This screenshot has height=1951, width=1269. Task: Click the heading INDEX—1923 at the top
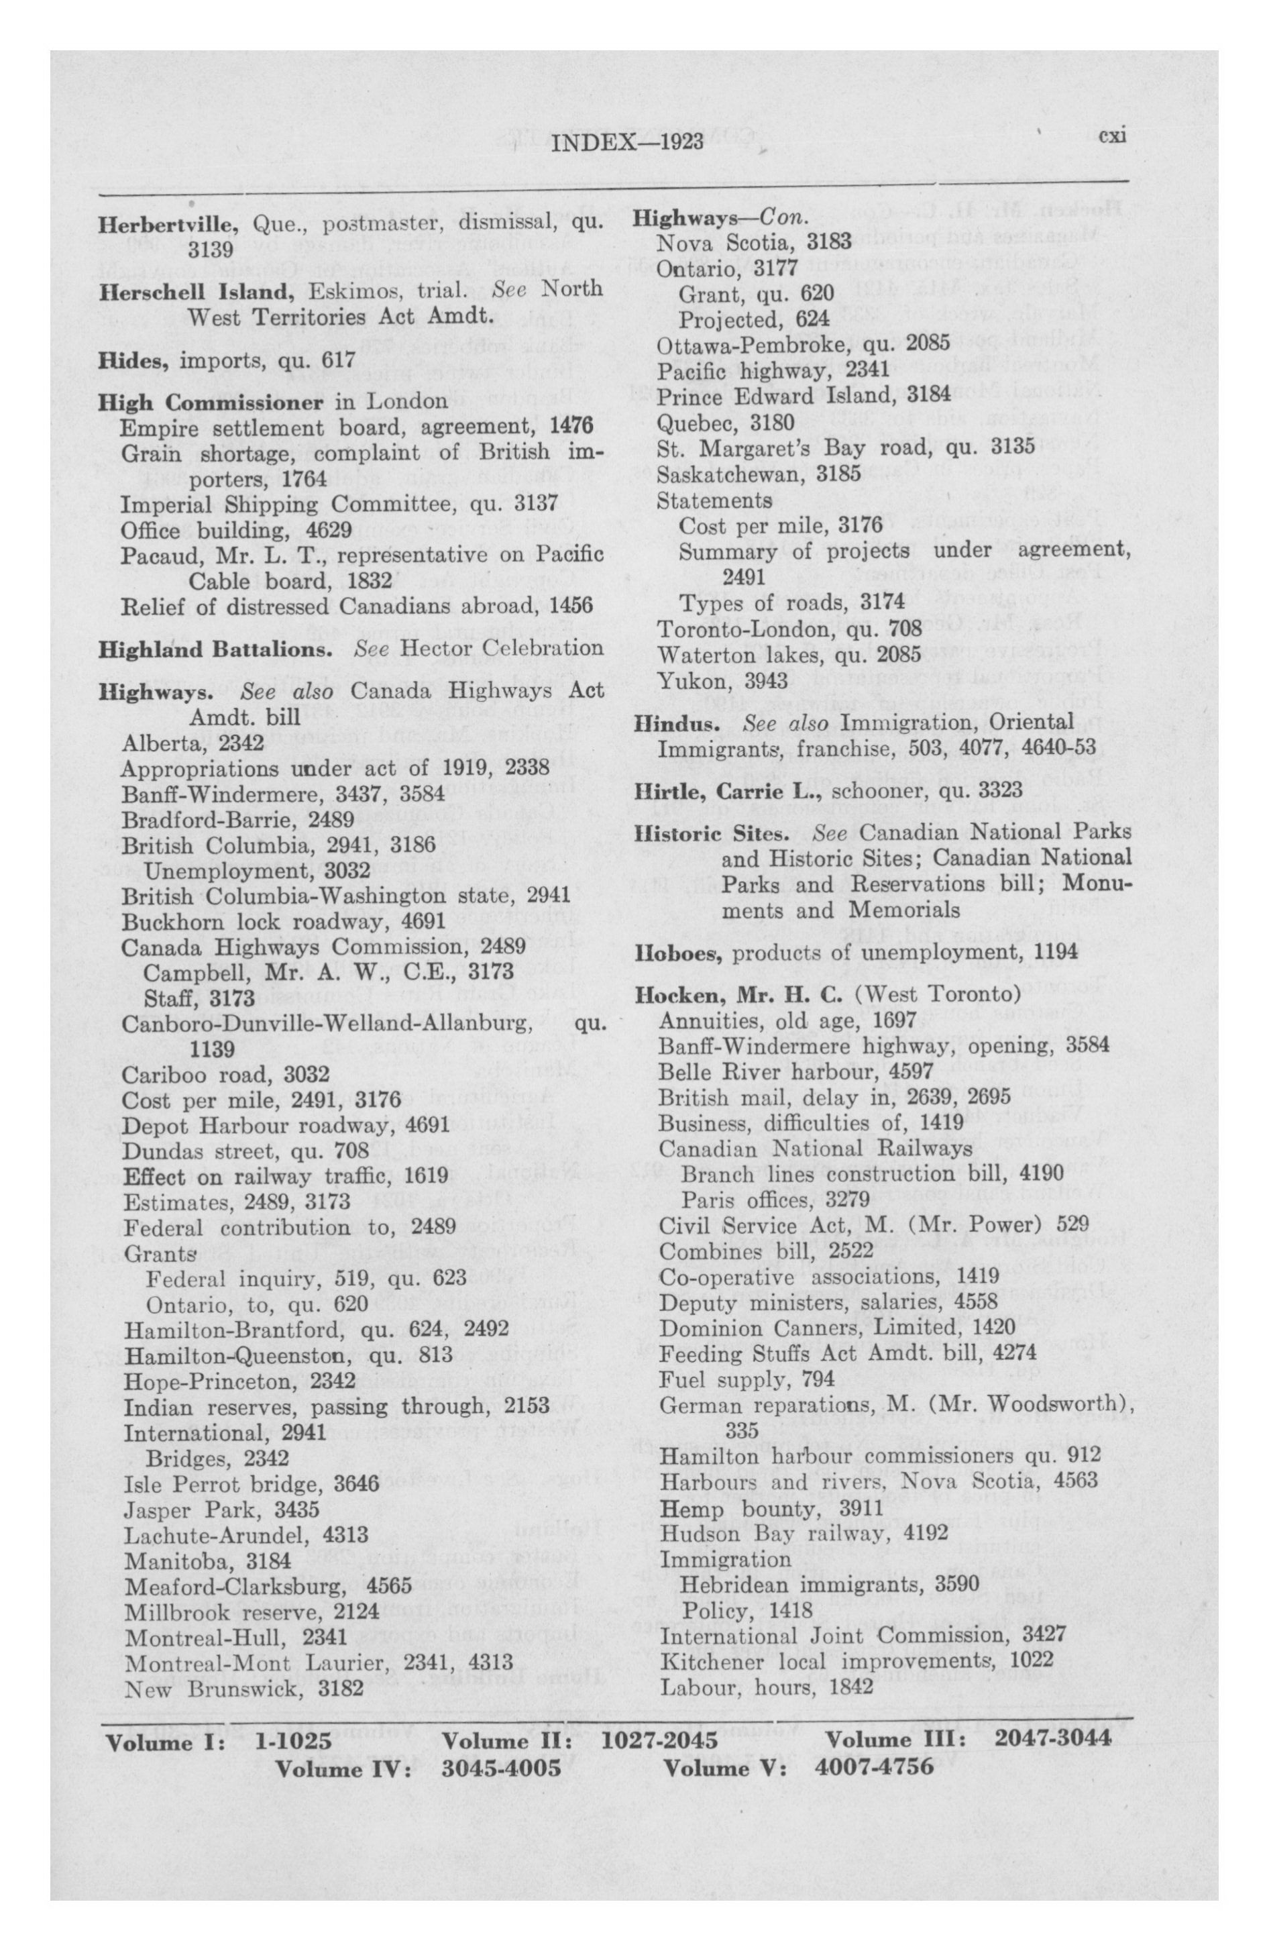pos(628,143)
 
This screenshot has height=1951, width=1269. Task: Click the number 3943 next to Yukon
pos(767,680)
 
